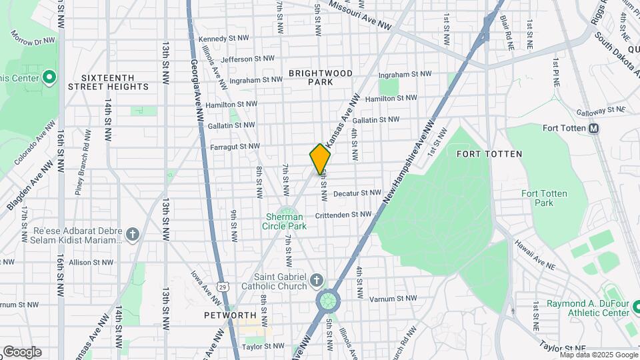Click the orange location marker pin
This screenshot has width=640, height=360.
(320, 159)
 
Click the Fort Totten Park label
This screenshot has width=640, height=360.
(544, 198)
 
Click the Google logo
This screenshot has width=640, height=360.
(22, 352)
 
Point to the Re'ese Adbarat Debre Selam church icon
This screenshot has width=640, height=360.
(133, 234)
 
